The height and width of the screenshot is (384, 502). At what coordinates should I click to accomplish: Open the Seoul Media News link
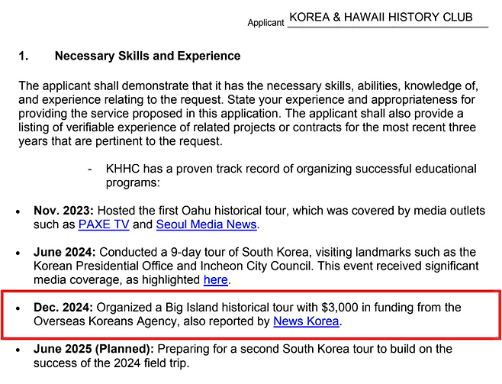click(206, 224)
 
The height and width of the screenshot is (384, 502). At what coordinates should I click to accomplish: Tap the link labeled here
click(215, 280)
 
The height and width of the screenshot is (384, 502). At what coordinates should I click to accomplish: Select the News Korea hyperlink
click(306, 321)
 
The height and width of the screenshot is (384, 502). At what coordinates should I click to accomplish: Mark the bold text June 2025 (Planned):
click(94, 349)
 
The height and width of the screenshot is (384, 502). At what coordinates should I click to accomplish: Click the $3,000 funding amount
click(342, 308)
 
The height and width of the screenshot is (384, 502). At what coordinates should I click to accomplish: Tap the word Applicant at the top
click(265, 23)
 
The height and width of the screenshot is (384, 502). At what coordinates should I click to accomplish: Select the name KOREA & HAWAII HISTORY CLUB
click(381, 17)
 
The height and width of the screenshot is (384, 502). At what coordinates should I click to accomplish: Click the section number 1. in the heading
click(24, 56)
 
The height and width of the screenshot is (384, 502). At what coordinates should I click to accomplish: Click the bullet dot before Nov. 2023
click(18, 211)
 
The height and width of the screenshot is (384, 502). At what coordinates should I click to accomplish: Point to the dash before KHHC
click(90, 169)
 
